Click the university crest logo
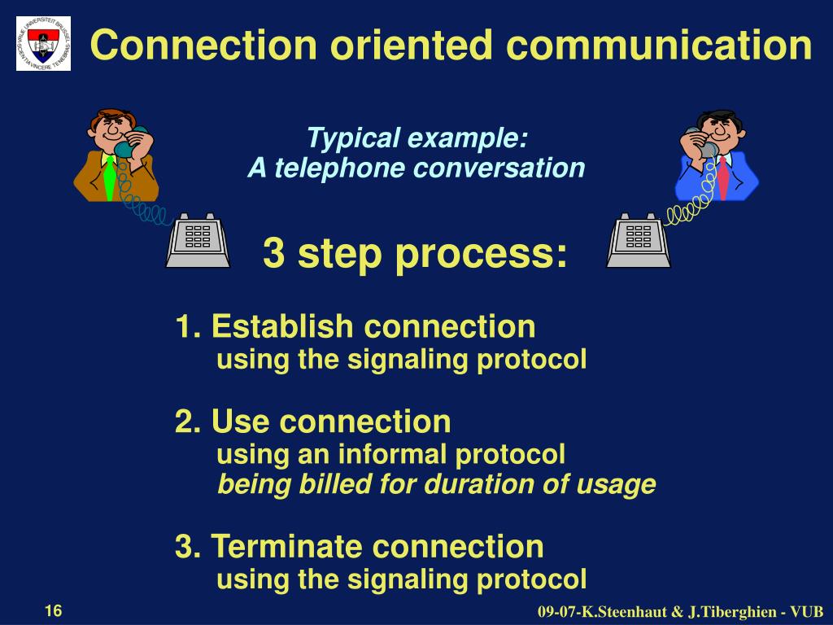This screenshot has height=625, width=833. pos(43,43)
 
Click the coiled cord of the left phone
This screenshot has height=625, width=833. pos(142,203)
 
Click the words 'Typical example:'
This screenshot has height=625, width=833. pos(417,138)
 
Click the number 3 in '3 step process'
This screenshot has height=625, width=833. pos(273,254)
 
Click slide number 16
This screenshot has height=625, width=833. pos(54,611)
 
